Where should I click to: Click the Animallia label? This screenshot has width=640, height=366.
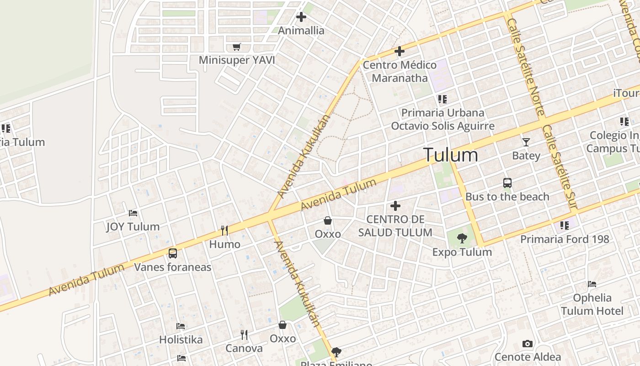pos(301,31)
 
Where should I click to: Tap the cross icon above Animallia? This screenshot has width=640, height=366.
pos(301,17)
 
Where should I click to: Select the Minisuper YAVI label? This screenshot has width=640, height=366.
pos(237,60)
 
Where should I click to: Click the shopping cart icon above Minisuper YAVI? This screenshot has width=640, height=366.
pos(236,47)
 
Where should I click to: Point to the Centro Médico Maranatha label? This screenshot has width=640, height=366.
pos(400,71)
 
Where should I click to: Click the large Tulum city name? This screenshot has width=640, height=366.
pos(451,155)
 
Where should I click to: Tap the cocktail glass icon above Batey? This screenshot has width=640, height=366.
pos(526,142)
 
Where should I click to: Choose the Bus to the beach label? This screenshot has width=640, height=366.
pos(507,197)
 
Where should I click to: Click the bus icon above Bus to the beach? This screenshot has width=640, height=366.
pos(507,183)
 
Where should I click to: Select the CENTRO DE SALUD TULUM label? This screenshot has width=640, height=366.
pos(395,226)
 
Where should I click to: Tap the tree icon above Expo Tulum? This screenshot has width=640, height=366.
pos(462,238)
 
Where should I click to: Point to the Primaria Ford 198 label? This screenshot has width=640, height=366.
pos(565,239)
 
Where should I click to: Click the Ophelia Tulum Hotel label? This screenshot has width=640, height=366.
pos(592,305)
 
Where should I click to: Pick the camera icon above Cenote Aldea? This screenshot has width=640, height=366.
pos(527,344)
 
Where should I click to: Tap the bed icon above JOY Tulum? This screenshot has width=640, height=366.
pos(133,213)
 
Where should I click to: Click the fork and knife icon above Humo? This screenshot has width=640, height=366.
pos(224,230)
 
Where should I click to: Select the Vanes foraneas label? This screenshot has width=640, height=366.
pos(172,267)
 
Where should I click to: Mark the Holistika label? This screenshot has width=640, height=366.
pos(181,339)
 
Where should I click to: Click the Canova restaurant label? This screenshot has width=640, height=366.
pos(244,348)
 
